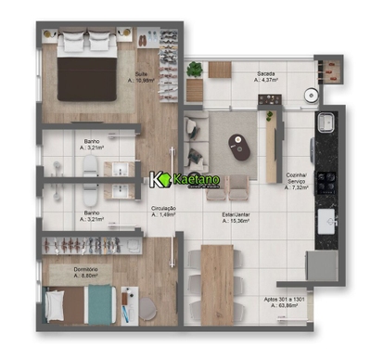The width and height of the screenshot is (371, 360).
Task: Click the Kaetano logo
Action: (185, 178)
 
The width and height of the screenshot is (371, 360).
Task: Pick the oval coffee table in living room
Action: (240, 145)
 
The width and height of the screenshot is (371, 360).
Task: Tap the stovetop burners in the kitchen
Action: (327, 180)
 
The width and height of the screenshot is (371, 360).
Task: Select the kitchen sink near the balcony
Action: (327, 123)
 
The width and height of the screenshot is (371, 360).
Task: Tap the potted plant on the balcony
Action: (195, 70)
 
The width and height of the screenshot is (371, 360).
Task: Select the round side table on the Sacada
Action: (220, 70)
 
